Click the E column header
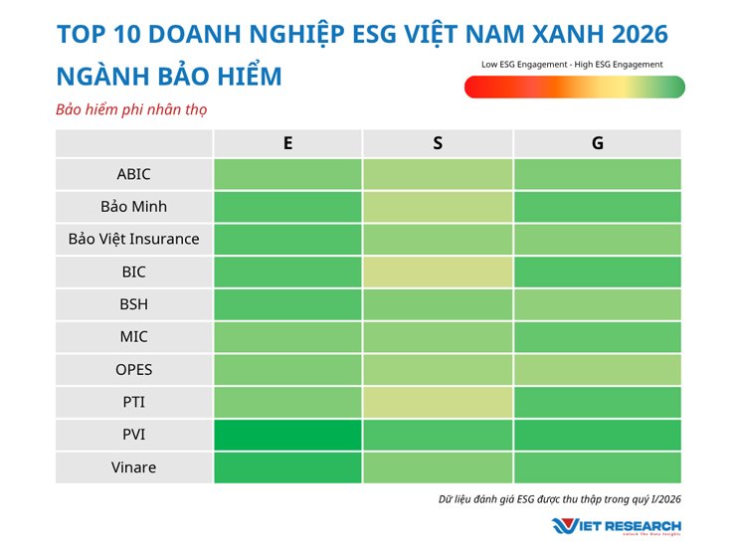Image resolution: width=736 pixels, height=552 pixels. click(287, 143)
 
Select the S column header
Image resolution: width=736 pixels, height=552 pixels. click(438, 143)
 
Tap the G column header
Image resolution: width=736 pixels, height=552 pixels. click(597, 143)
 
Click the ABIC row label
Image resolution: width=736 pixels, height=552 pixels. click(134, 174)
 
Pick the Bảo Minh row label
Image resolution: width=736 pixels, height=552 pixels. click(134, 207)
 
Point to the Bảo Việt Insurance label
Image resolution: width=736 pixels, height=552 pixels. click(134, 239)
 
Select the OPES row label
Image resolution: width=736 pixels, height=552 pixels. click(134, 370)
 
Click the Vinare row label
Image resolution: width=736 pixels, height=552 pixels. click(134, 467)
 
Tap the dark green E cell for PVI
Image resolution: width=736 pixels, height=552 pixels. click(287, 435)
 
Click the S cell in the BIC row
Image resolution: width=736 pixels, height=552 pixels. click(438, 272)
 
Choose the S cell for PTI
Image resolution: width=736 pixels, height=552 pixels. click(438, 402)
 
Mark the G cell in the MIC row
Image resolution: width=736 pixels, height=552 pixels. click(597, 337)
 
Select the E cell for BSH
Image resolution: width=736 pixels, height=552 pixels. click(287, 304)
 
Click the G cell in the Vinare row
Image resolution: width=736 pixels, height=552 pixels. click(597, 467)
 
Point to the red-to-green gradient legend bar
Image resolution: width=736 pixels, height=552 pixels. click(574, 88)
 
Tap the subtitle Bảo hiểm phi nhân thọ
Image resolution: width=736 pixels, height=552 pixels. click(130, 109)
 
